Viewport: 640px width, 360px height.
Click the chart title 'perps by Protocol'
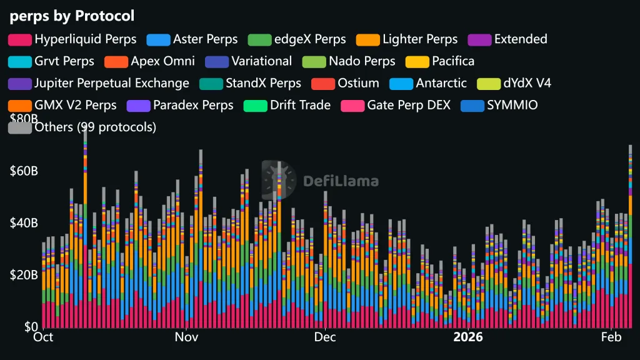[72, 16]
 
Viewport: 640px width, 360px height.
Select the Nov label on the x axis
[186, 337]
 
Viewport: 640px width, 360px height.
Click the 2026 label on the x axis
[468, 337]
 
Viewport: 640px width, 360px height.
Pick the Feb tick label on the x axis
[611, 337]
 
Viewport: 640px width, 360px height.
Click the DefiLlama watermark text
[341, 181]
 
